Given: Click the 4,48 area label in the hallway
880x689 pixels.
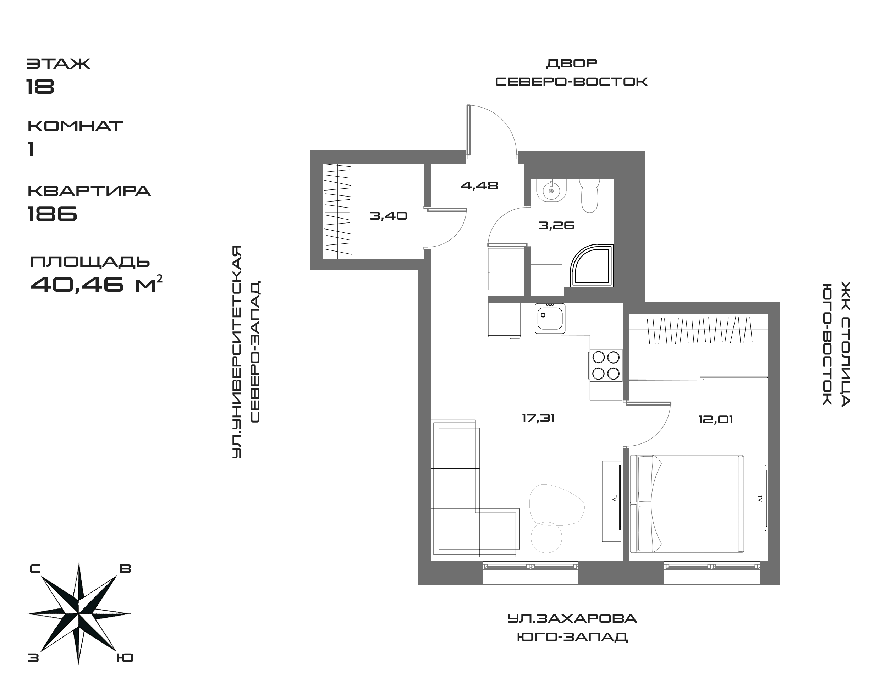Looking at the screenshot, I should (479, 186).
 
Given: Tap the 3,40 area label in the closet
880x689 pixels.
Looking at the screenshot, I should (389, 216).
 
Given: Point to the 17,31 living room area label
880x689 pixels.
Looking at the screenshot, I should (538, 418).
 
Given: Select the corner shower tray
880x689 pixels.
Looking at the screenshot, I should (592, 266).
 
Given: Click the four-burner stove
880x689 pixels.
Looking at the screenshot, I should (606, 365).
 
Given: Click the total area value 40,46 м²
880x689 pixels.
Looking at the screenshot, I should (96, 285).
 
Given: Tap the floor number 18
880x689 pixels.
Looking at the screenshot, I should (40, 86).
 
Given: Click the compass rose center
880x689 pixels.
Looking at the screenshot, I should (79, 614).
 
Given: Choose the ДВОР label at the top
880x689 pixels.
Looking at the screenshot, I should (571, 64).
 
